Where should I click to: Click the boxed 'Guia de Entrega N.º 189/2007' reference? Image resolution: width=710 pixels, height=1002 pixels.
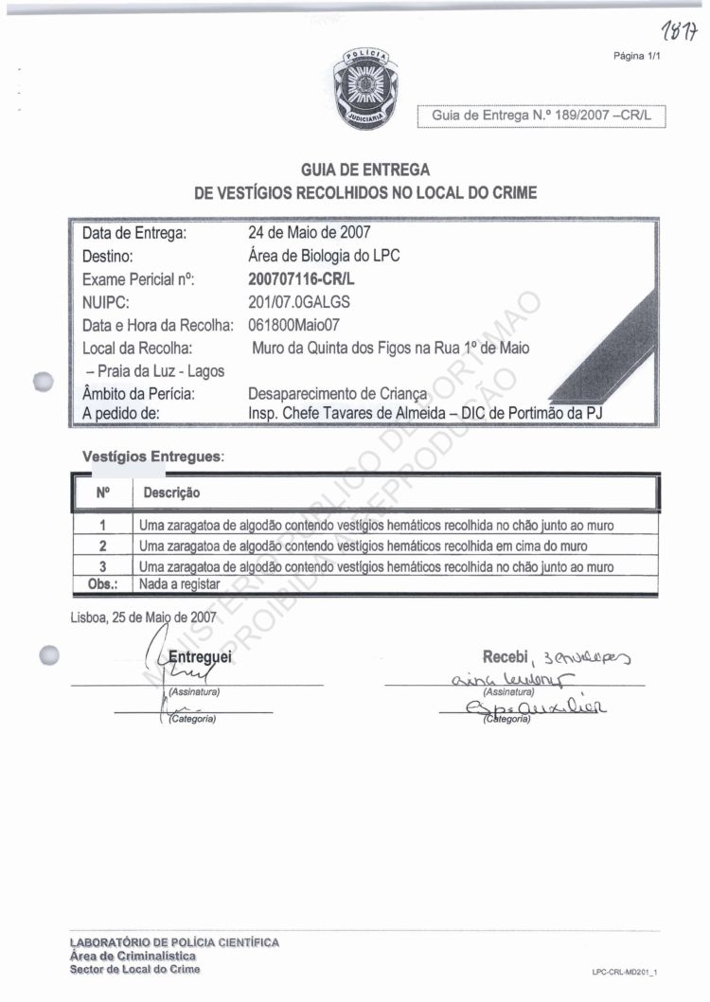[542, 115]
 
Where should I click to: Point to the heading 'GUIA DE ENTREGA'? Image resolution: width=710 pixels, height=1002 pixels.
[365, 170]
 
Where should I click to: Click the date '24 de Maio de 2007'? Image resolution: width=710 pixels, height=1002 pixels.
[309, 232]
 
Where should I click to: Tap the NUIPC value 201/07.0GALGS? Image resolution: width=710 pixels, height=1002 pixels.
[299, 302]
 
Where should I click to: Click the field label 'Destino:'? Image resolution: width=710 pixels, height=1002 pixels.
[113, 256]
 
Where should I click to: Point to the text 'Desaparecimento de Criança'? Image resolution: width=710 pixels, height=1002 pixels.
[338, 393]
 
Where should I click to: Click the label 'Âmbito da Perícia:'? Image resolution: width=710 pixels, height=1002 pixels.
[139, 393]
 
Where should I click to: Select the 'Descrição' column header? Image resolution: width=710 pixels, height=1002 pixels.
[171, 493]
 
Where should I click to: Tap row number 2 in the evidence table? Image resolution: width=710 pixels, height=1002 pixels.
[102, 546]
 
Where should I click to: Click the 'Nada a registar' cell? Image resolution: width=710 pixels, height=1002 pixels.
[179, 584]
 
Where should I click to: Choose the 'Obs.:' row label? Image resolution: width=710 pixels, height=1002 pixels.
[101, 584]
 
